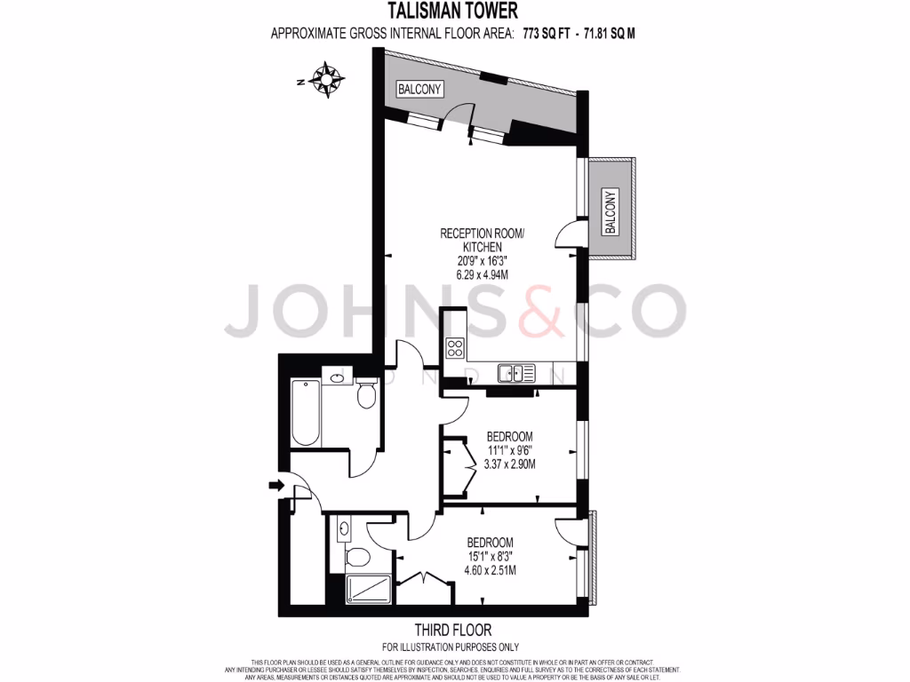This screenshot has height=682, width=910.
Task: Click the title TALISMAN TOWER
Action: coord(454,12)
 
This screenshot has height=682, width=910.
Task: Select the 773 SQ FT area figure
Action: coord(547,34)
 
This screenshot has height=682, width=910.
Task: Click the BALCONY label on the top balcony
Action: coord(420,90)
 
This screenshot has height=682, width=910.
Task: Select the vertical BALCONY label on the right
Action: coord(611,211)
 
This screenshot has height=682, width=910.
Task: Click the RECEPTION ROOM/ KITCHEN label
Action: coord(483,240)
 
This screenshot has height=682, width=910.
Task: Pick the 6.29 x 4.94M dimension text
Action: coord(483,275)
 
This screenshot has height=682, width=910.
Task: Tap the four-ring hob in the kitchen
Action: coord(454,347)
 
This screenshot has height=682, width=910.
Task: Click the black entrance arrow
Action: coord(275,485)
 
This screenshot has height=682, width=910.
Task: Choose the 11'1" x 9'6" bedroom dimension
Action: coord(509,450)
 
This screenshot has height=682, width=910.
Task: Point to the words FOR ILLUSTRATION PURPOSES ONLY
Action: coord(451,646)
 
